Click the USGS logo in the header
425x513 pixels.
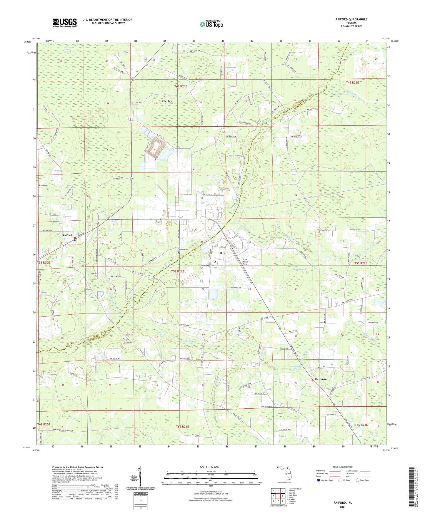[65, 23]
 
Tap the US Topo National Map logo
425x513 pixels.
[211, 24]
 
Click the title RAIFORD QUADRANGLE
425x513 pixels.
[351, 19]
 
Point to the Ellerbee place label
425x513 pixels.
[167, 101]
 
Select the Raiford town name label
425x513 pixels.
[67, 235]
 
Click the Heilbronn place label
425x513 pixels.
[321, 379]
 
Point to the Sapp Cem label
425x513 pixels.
[94, 273]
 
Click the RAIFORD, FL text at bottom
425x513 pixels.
[342, 503]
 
